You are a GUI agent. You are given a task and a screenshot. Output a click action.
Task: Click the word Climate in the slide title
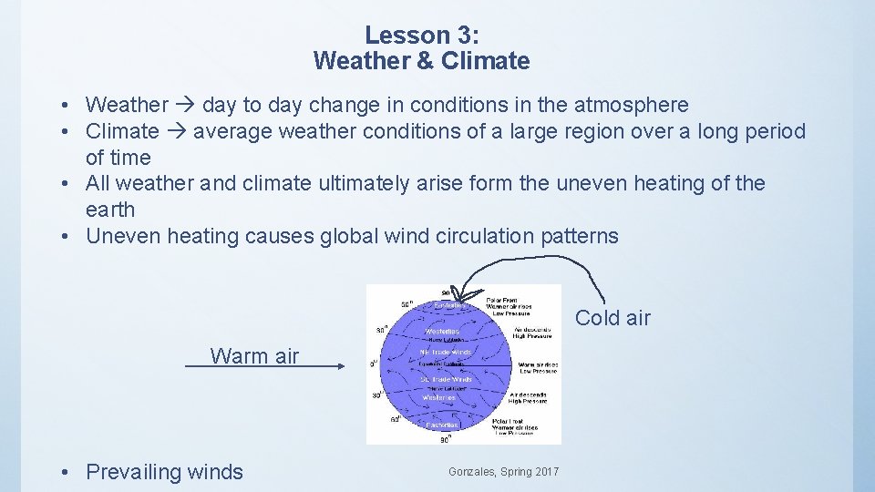(488, 62)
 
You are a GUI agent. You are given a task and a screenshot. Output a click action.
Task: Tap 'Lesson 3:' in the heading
(421, 36)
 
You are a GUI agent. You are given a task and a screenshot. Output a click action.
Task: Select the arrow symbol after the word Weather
(185, 106)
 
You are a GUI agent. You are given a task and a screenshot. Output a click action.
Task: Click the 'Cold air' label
(612, 318)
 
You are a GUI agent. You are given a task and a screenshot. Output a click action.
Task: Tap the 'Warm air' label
(254, 356)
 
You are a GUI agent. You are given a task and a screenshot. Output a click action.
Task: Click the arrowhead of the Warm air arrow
(341, 366)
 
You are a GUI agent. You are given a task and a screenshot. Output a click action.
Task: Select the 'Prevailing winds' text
(164, 472)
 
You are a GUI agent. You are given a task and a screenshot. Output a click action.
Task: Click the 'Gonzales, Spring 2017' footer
(504, 471)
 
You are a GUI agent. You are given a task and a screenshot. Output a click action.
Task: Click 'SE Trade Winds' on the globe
(445, 379)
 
